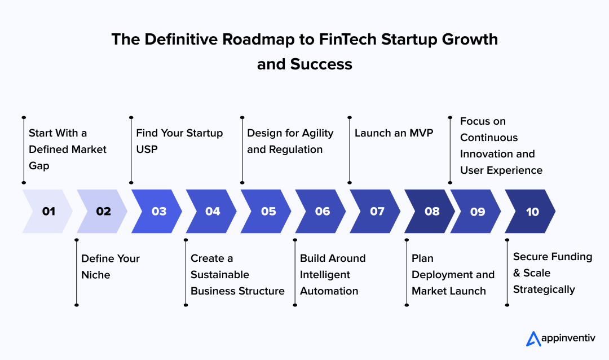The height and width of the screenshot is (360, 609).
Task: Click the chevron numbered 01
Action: tap(48, 212)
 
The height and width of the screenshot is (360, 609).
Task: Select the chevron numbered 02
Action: tap(103, 212)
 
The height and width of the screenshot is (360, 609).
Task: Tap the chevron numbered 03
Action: tap(158, 212)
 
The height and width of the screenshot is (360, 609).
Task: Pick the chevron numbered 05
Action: tap(268, 212)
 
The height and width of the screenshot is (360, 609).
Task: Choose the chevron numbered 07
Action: tap(377, 212)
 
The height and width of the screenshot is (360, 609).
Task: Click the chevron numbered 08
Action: tap(431, 212)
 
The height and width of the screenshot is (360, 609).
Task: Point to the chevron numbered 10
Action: tap(532, 212)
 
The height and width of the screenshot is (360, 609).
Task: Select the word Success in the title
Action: tap(321, 64)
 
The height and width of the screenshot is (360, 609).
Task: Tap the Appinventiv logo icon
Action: tap(533, 339)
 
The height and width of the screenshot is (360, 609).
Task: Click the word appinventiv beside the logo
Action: tap(569, 339)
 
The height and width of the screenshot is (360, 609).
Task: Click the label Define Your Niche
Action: tap(110, 266)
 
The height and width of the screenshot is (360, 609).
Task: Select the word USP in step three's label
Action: tap(147, 150)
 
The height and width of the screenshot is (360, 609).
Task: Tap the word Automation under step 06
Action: tap(329, 291)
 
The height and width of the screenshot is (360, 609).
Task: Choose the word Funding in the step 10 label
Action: tap(571, 257)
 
